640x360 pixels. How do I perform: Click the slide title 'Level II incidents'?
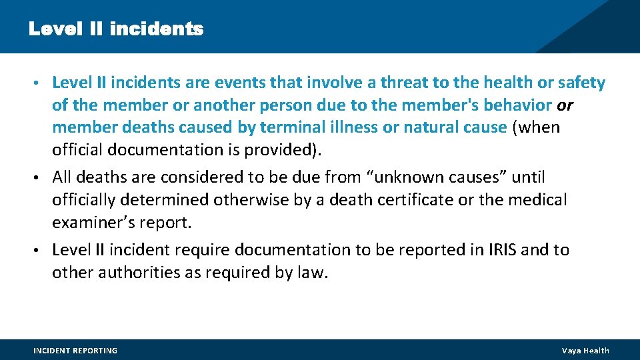point(115,29)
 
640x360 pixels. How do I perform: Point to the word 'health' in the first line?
point(500,83)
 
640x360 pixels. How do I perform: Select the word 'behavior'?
point(519,105)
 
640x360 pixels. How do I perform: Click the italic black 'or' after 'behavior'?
point(565,105)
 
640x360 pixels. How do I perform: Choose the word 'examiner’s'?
point(94,222)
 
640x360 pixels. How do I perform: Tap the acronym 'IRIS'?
point(497,250)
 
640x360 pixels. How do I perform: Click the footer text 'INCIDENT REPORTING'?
point(75,351)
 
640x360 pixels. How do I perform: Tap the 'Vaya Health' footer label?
point(585,351)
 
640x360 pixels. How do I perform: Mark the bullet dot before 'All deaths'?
point(43,178)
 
